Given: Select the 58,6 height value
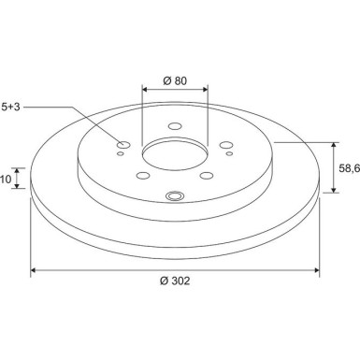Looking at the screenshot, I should tap(349, 167).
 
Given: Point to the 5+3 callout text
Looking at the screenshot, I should tap(10, 108).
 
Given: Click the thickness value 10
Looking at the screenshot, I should tap(6, 178).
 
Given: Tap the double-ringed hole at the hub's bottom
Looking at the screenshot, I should tap(174, 196).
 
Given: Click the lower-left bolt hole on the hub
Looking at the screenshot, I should tap(141, 175).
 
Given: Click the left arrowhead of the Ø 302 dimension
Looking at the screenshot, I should tap(35, 270).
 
